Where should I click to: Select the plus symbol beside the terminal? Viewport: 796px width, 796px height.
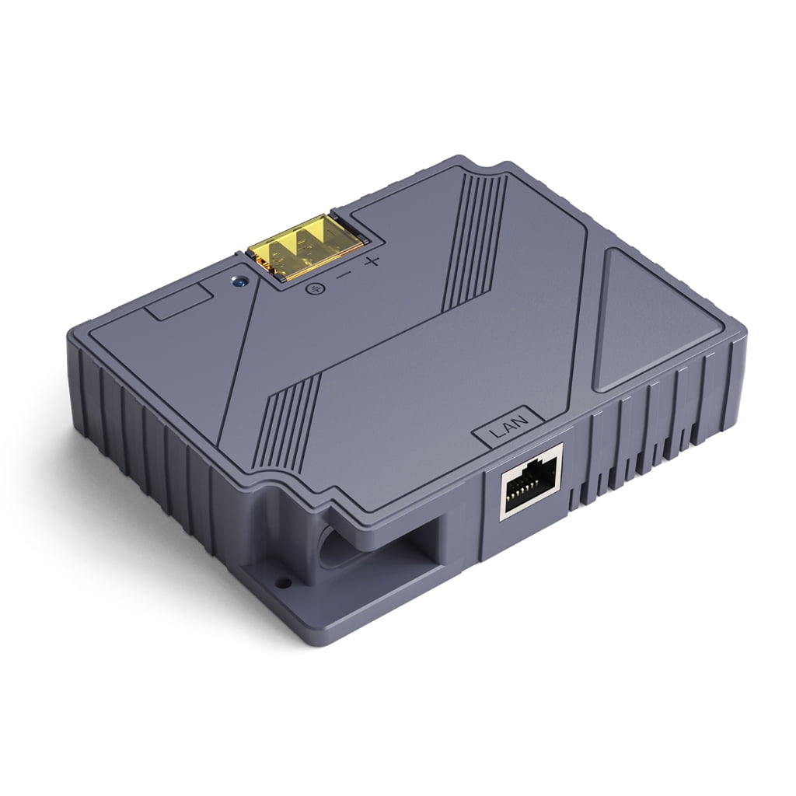[x=372, y=260]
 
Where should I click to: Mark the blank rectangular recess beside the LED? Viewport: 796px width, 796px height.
[x=178, y=302]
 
